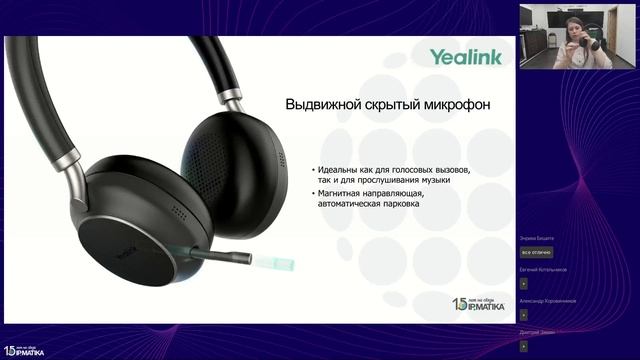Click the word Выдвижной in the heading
[x=320, y=104]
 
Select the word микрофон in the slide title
[x=456, y=104]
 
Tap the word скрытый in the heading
[x=388, y=104]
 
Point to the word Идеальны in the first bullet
[x=340, y=170]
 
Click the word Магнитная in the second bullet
[x=343, y=193]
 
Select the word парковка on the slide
[x=395, y=204]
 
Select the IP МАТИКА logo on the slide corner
[x=478, y=306]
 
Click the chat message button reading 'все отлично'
[x=537, y=252]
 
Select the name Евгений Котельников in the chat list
[x=543, y=269]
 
